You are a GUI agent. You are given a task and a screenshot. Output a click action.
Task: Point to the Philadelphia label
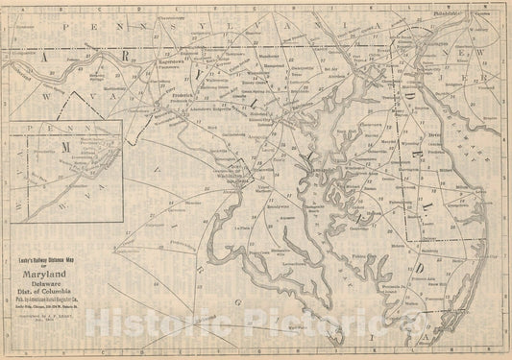tap(448, 15)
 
